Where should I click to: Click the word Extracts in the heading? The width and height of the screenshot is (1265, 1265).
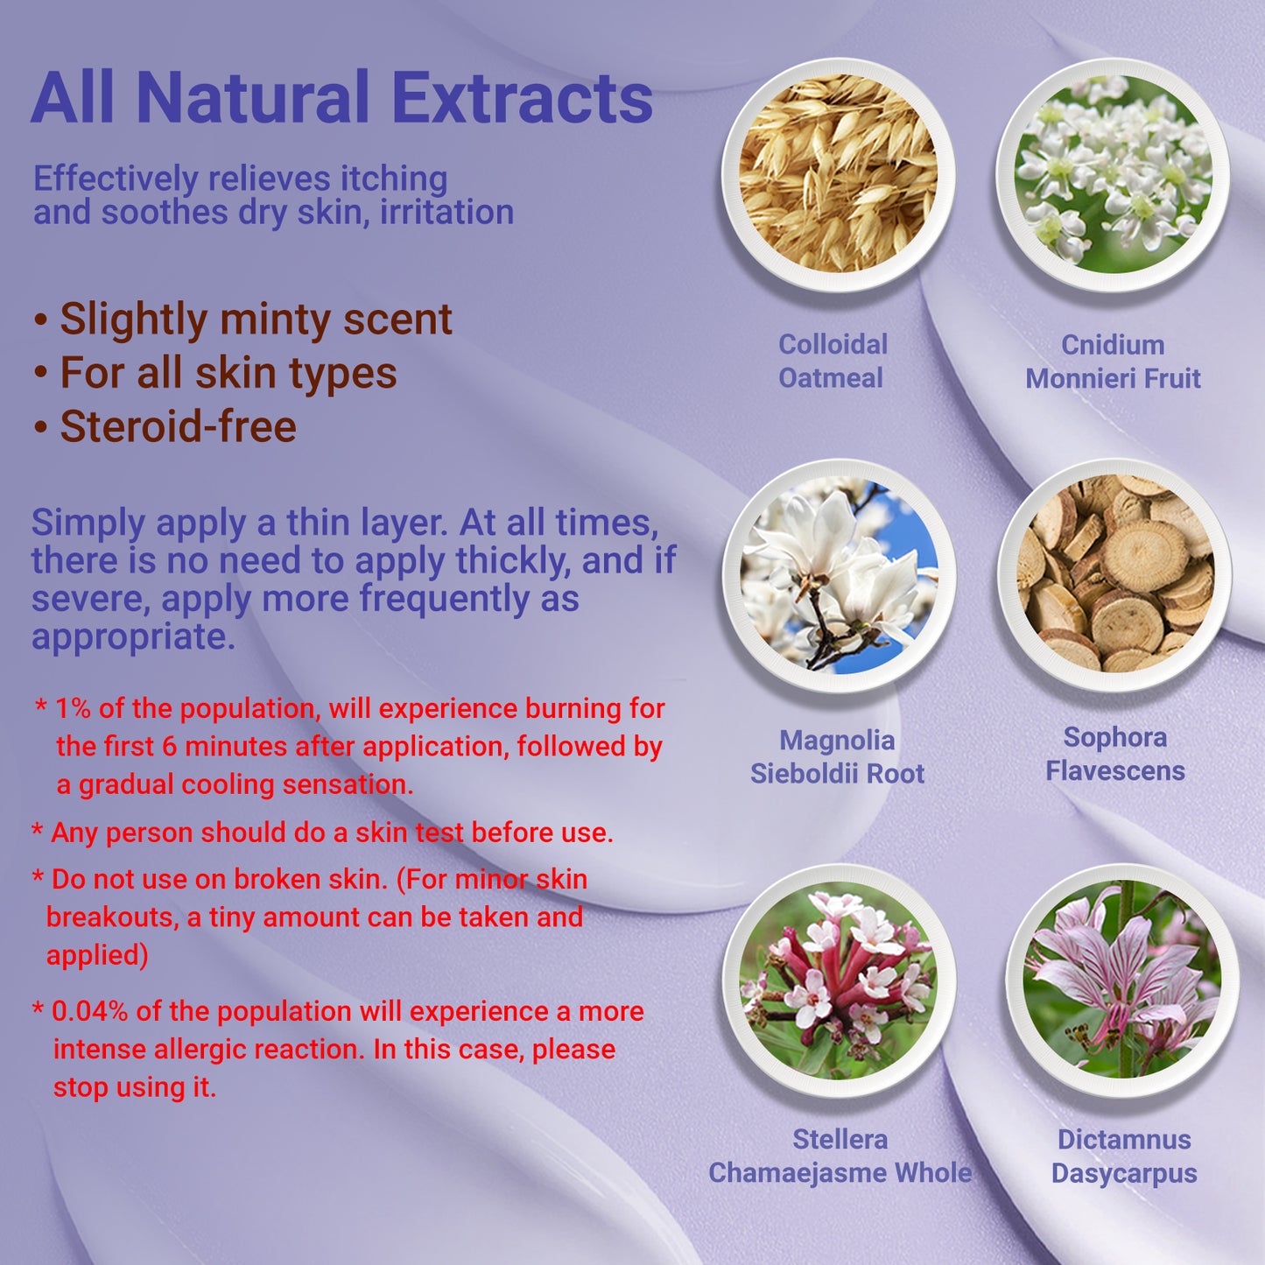[x=525, y=97]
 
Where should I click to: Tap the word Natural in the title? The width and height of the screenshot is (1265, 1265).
[x=253, y=97]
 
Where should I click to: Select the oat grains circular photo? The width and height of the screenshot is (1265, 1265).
[x=839, y=174]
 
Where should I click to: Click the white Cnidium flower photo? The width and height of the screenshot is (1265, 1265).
[x=1113, y=174]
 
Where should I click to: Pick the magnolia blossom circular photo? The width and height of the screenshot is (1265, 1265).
[x=839, y=576]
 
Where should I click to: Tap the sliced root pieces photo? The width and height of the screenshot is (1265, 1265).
[x=1114, y=574]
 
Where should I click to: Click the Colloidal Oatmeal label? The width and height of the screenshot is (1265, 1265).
[x=833, y=361]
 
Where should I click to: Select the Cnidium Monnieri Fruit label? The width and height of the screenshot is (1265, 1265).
[x=1114, y=362]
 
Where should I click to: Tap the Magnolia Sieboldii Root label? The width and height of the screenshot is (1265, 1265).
[x=838, y=756]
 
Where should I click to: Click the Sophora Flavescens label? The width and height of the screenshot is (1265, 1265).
[x=1115, y=754]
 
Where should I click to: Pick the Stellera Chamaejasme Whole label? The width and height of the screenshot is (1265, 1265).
[x=840, y=1156]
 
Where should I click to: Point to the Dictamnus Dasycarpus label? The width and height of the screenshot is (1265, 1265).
[x=1125, y=1156]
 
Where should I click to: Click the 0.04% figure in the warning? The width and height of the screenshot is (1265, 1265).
[x=90, y=1012]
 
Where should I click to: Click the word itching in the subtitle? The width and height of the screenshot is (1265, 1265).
[x=394, y=179]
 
